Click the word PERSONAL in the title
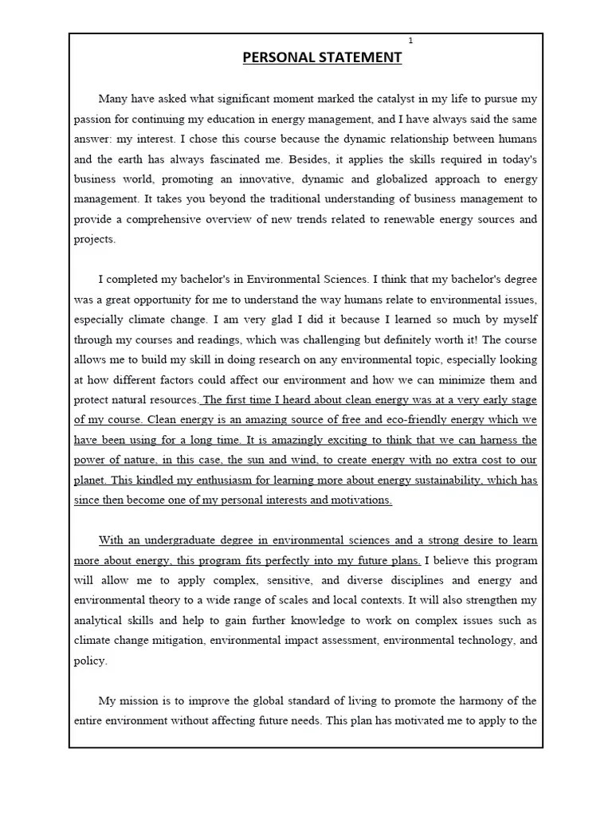276,57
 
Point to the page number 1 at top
411,40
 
